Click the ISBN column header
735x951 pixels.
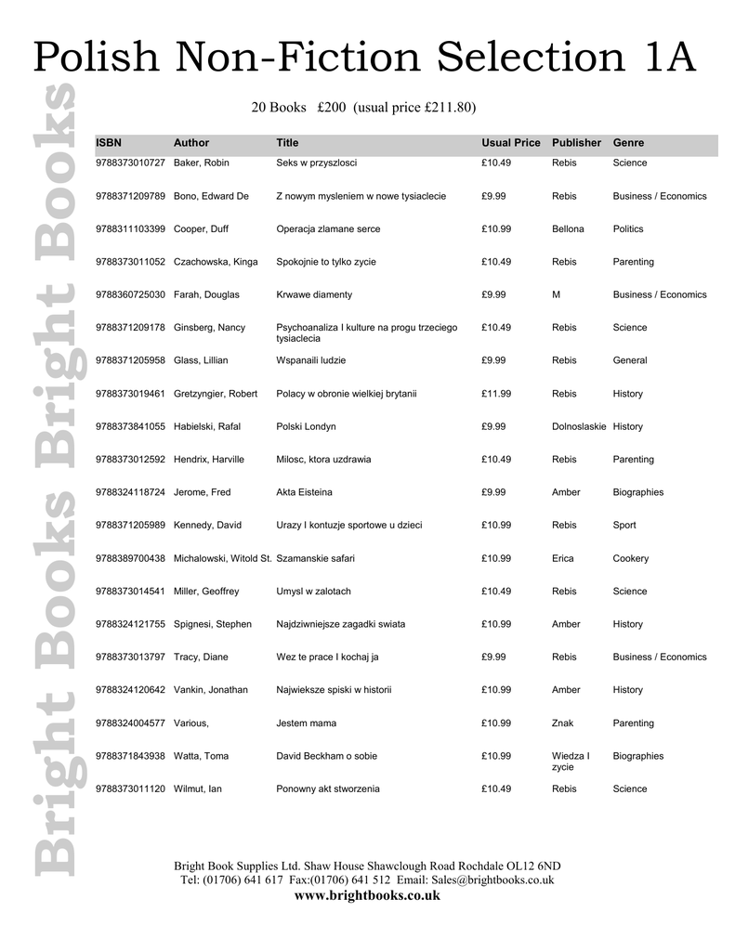tap(108, 143)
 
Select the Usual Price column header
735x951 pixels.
tap(510, 143)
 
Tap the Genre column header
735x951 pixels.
tap(628, 143)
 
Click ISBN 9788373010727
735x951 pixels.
tap(130, 163)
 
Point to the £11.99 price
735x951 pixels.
tap(496, 394)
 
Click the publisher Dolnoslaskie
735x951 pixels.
tap(579, 427)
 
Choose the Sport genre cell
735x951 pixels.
tap(624, 526)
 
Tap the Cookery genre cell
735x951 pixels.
tap(631, 559)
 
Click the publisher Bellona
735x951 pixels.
tap(568, 229)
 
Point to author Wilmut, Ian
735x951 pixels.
tap(198, 789)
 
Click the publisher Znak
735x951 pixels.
tap(563, 723)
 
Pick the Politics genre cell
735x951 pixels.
tap(628, 229)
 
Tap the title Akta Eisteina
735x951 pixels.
tap(304, 492)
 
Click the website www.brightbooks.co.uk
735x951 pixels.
tap(366, 896)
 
